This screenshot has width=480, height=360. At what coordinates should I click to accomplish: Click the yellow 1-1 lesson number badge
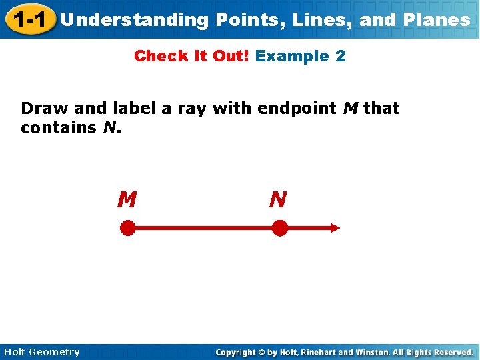[27, 19]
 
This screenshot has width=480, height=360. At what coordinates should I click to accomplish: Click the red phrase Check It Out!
[192, 56]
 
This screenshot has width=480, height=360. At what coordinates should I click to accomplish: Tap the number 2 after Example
[341, 56]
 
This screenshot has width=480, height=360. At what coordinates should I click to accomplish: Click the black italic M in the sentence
[350, 109]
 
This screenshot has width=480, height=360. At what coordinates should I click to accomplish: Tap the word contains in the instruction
[59, 127]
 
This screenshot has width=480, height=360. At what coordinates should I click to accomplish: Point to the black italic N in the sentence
[110, 127]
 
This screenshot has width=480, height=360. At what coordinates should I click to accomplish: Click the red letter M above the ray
[127, 199]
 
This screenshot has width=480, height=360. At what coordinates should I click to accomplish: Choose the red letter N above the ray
[278, 199]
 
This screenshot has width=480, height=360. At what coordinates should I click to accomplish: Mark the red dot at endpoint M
[127, 229]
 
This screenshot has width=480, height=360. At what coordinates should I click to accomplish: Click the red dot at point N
[280, 229]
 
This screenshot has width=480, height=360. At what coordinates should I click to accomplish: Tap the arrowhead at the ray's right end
[333, 228]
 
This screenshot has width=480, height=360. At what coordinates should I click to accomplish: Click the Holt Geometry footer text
[41, 352]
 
